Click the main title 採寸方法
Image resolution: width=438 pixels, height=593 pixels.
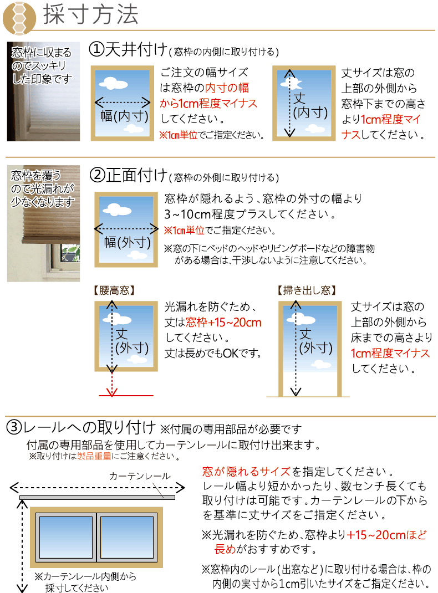coord(91,15)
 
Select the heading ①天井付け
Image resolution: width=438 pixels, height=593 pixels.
coord(128,50)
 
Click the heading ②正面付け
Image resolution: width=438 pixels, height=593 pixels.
coord(128,176)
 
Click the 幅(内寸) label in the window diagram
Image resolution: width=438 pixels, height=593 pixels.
coord(124,116)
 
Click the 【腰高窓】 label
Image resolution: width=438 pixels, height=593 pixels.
coord(114,290)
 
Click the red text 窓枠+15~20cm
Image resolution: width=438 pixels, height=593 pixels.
coord(223,323)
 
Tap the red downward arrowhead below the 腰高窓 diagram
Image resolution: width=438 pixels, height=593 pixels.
coord(113,392)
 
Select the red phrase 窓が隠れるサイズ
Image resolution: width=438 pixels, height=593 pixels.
coord(246,472)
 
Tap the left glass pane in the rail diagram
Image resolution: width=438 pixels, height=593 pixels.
coord(65,535)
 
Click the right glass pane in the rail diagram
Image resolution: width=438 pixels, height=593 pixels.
coord(128,535)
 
